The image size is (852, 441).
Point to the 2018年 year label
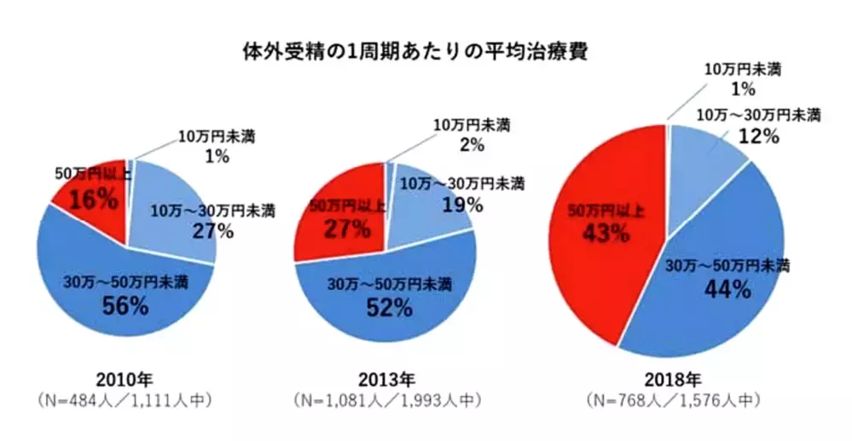pyautogui.click(x=671, y=380)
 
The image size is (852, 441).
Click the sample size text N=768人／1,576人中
pyautogui.click(x=671, y=398)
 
